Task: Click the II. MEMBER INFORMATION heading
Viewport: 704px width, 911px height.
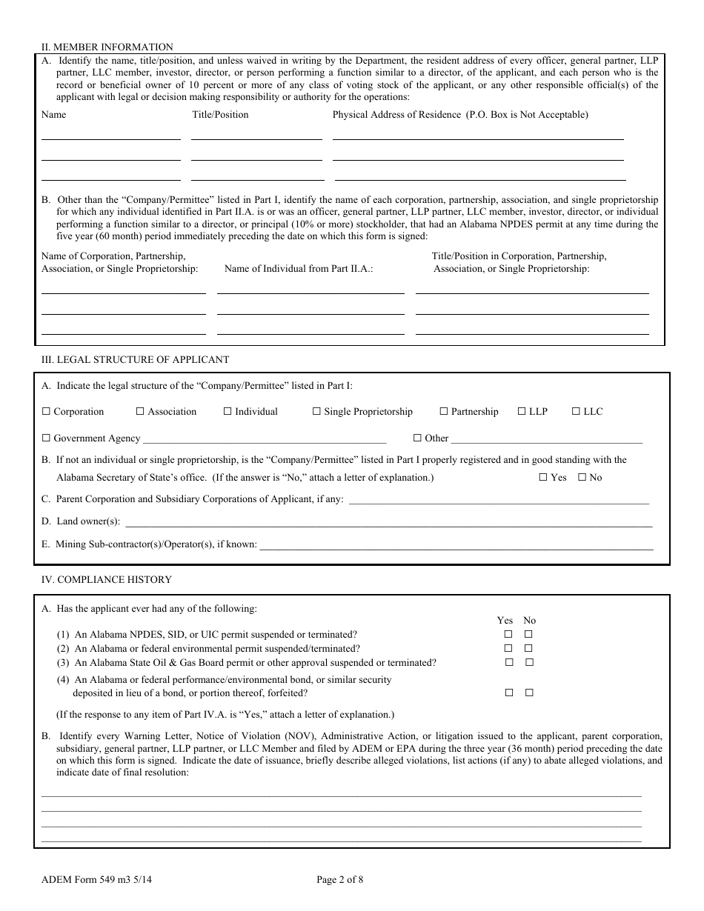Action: [x=107, y=47]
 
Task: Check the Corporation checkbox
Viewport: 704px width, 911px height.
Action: [x=46, y=412]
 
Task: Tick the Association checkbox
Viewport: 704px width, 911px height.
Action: [x=140, y=412]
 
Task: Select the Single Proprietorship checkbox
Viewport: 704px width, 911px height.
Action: [x=316, y=412]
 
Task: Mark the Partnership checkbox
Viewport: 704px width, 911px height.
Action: [x=444, y=412]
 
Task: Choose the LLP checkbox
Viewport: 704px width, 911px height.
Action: [x=522, y=412]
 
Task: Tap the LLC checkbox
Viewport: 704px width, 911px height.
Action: [x=576, y=412]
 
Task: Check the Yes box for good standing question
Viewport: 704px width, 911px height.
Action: [x=543, y=478]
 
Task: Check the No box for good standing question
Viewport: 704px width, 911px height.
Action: [x=582, y=478]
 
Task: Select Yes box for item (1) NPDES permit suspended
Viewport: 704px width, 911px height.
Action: [x=508, y=635]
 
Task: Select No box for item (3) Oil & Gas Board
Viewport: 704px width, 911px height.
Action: [x=529, y=662]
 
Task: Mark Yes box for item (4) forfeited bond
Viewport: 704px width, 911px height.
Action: [x=508, y=693]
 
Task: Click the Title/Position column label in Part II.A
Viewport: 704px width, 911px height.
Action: [x=220, y=115]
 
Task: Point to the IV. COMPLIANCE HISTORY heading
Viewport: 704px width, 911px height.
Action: [x=107, y=580]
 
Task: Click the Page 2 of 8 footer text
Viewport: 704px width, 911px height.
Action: [x=339, y=881]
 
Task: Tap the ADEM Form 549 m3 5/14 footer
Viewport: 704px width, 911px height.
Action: [x=98, y=881]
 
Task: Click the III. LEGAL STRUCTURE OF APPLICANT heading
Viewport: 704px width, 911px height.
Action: [x=135, y=360]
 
